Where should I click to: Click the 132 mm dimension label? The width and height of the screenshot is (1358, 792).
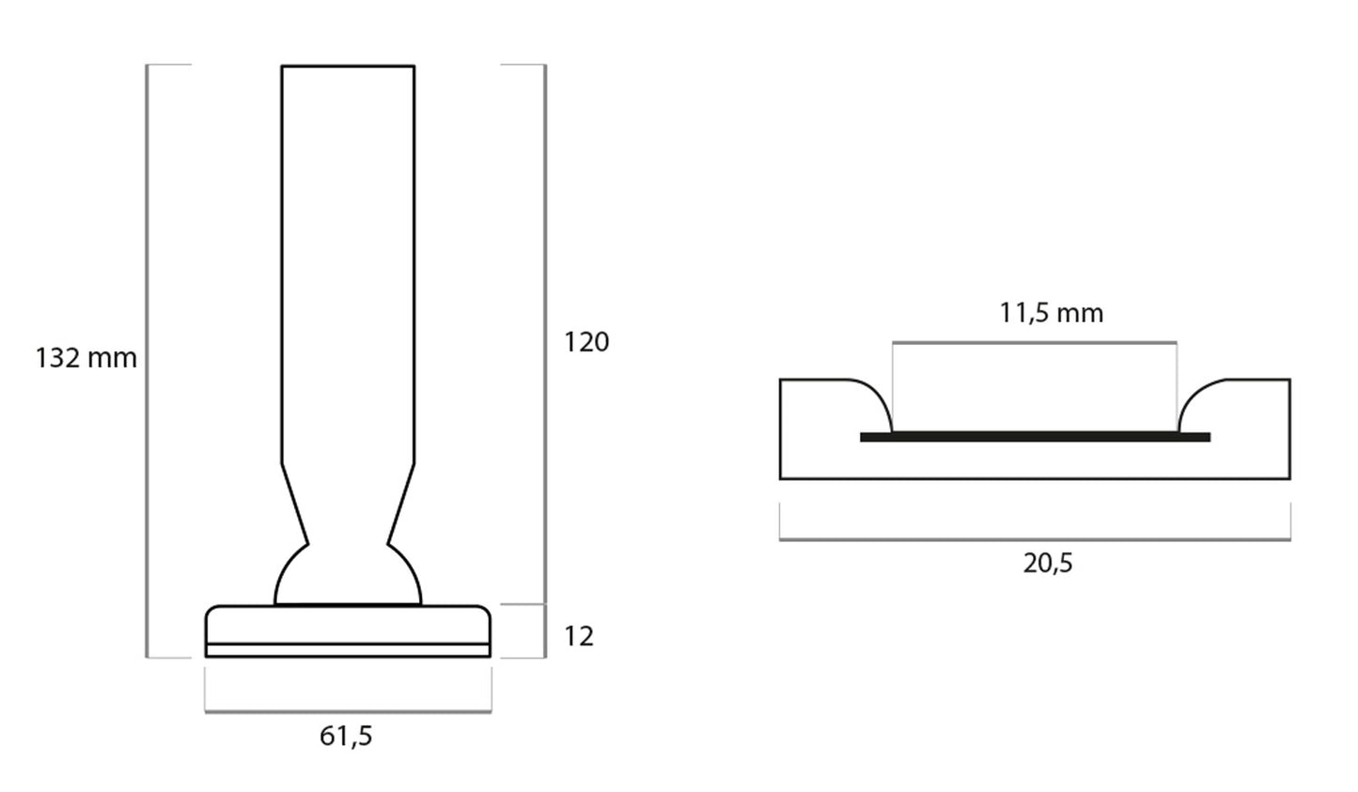pyautogui.click(x=86, y=358)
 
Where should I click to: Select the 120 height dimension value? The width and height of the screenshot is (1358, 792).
pyautogui.click(x=586, y=342)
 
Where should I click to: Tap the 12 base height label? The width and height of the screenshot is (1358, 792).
pyautogui.click(x=579, y=636)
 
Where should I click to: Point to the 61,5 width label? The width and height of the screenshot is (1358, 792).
pyautogui.click(x=346, y=736)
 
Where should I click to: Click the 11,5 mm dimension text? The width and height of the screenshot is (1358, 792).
pyautogui.click(x=1051, y=313)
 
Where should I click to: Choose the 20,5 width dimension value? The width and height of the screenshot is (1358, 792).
pyautogui.click(x=1047, y=564)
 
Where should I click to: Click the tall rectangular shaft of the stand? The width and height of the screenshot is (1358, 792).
pyautogui.click(x=348, y=263)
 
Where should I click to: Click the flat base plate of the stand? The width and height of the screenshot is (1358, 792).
pyautogui.click(x=348, y=624)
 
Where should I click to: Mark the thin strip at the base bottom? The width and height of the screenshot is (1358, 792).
pyautogui.click(x=348, y=650)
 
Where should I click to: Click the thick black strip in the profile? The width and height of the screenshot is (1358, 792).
pyautogui.click(x=1035, y=437)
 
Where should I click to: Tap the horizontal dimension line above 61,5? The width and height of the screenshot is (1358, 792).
pyautogui.click(x=348, y=711)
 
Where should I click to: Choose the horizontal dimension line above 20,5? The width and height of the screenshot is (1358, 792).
pyautogui.click(x=1035, y=539)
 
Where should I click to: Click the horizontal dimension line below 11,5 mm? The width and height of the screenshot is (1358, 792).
pyautogui.click(x=1035, y=342)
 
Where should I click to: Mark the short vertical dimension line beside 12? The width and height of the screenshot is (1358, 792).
pyautogui.click(x=545, y=631)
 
